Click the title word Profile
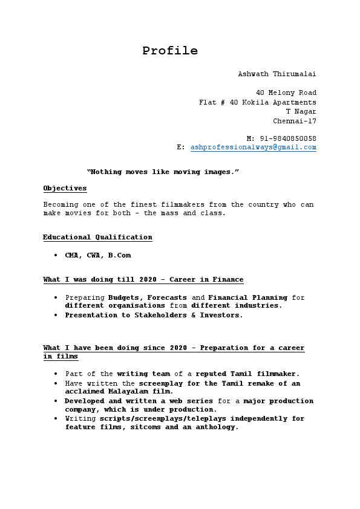[170, 51]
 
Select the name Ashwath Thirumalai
[277, 74]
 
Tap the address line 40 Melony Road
[286, 92]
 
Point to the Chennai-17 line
[295, 121]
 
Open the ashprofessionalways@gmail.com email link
[254, 147]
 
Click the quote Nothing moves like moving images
[163, 172]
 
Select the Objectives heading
[65, 188]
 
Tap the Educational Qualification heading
[97, 237]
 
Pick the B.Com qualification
[120, 255]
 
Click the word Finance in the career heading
[226, 279]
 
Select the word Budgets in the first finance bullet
[125, 297]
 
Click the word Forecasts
[167, 297]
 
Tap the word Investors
[221, 315]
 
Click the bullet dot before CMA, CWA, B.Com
[56, 256]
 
